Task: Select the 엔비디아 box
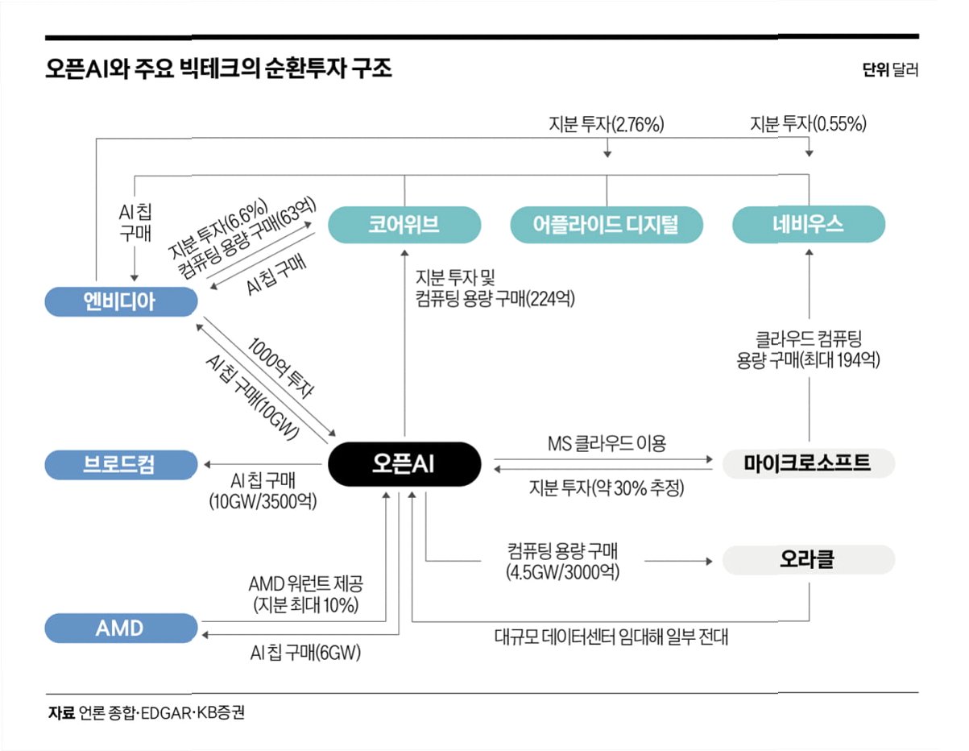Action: (x=120, y=301)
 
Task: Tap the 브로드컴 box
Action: (x=120, y=465)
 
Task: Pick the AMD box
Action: (x=120, y=628)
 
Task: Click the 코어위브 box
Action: (x=404, y=224)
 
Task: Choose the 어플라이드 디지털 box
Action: (x=606, y=224)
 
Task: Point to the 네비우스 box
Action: (x=809, y=224)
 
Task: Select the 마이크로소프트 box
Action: (x=809, y=463)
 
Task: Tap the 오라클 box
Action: (x=809, y=560)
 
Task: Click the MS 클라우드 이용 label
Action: (x=607, y=442)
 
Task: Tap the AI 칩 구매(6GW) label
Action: (x=305, y=653)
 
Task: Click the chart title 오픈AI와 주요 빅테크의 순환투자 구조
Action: (x=218, y=69)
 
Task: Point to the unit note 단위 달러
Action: (x=890, y=70)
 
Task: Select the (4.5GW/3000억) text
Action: (x=561, y=572)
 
